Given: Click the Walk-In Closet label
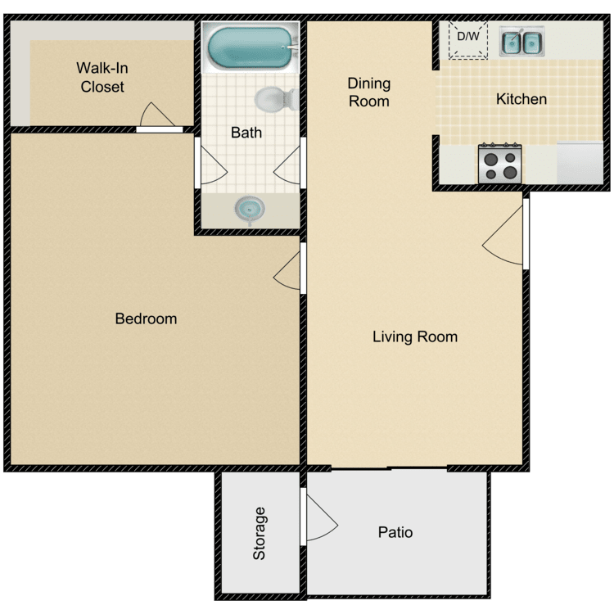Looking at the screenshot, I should tap(102, 76).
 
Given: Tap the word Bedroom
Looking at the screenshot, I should tap(146, 318).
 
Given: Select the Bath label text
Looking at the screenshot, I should tap(246, 132).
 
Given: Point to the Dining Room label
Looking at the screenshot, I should tap(368, 92).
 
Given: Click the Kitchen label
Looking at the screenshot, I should tap(521, 99).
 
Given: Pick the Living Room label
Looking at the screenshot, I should tap(414, 336).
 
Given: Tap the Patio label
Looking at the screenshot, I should tap(395, 532).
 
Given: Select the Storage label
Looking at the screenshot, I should tap(260, 534).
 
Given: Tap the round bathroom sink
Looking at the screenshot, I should tap(250, 209).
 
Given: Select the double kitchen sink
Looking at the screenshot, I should tap(521, 42).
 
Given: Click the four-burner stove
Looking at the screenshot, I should tap(500, 162).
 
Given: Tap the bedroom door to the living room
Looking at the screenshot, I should tap(289, 269).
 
